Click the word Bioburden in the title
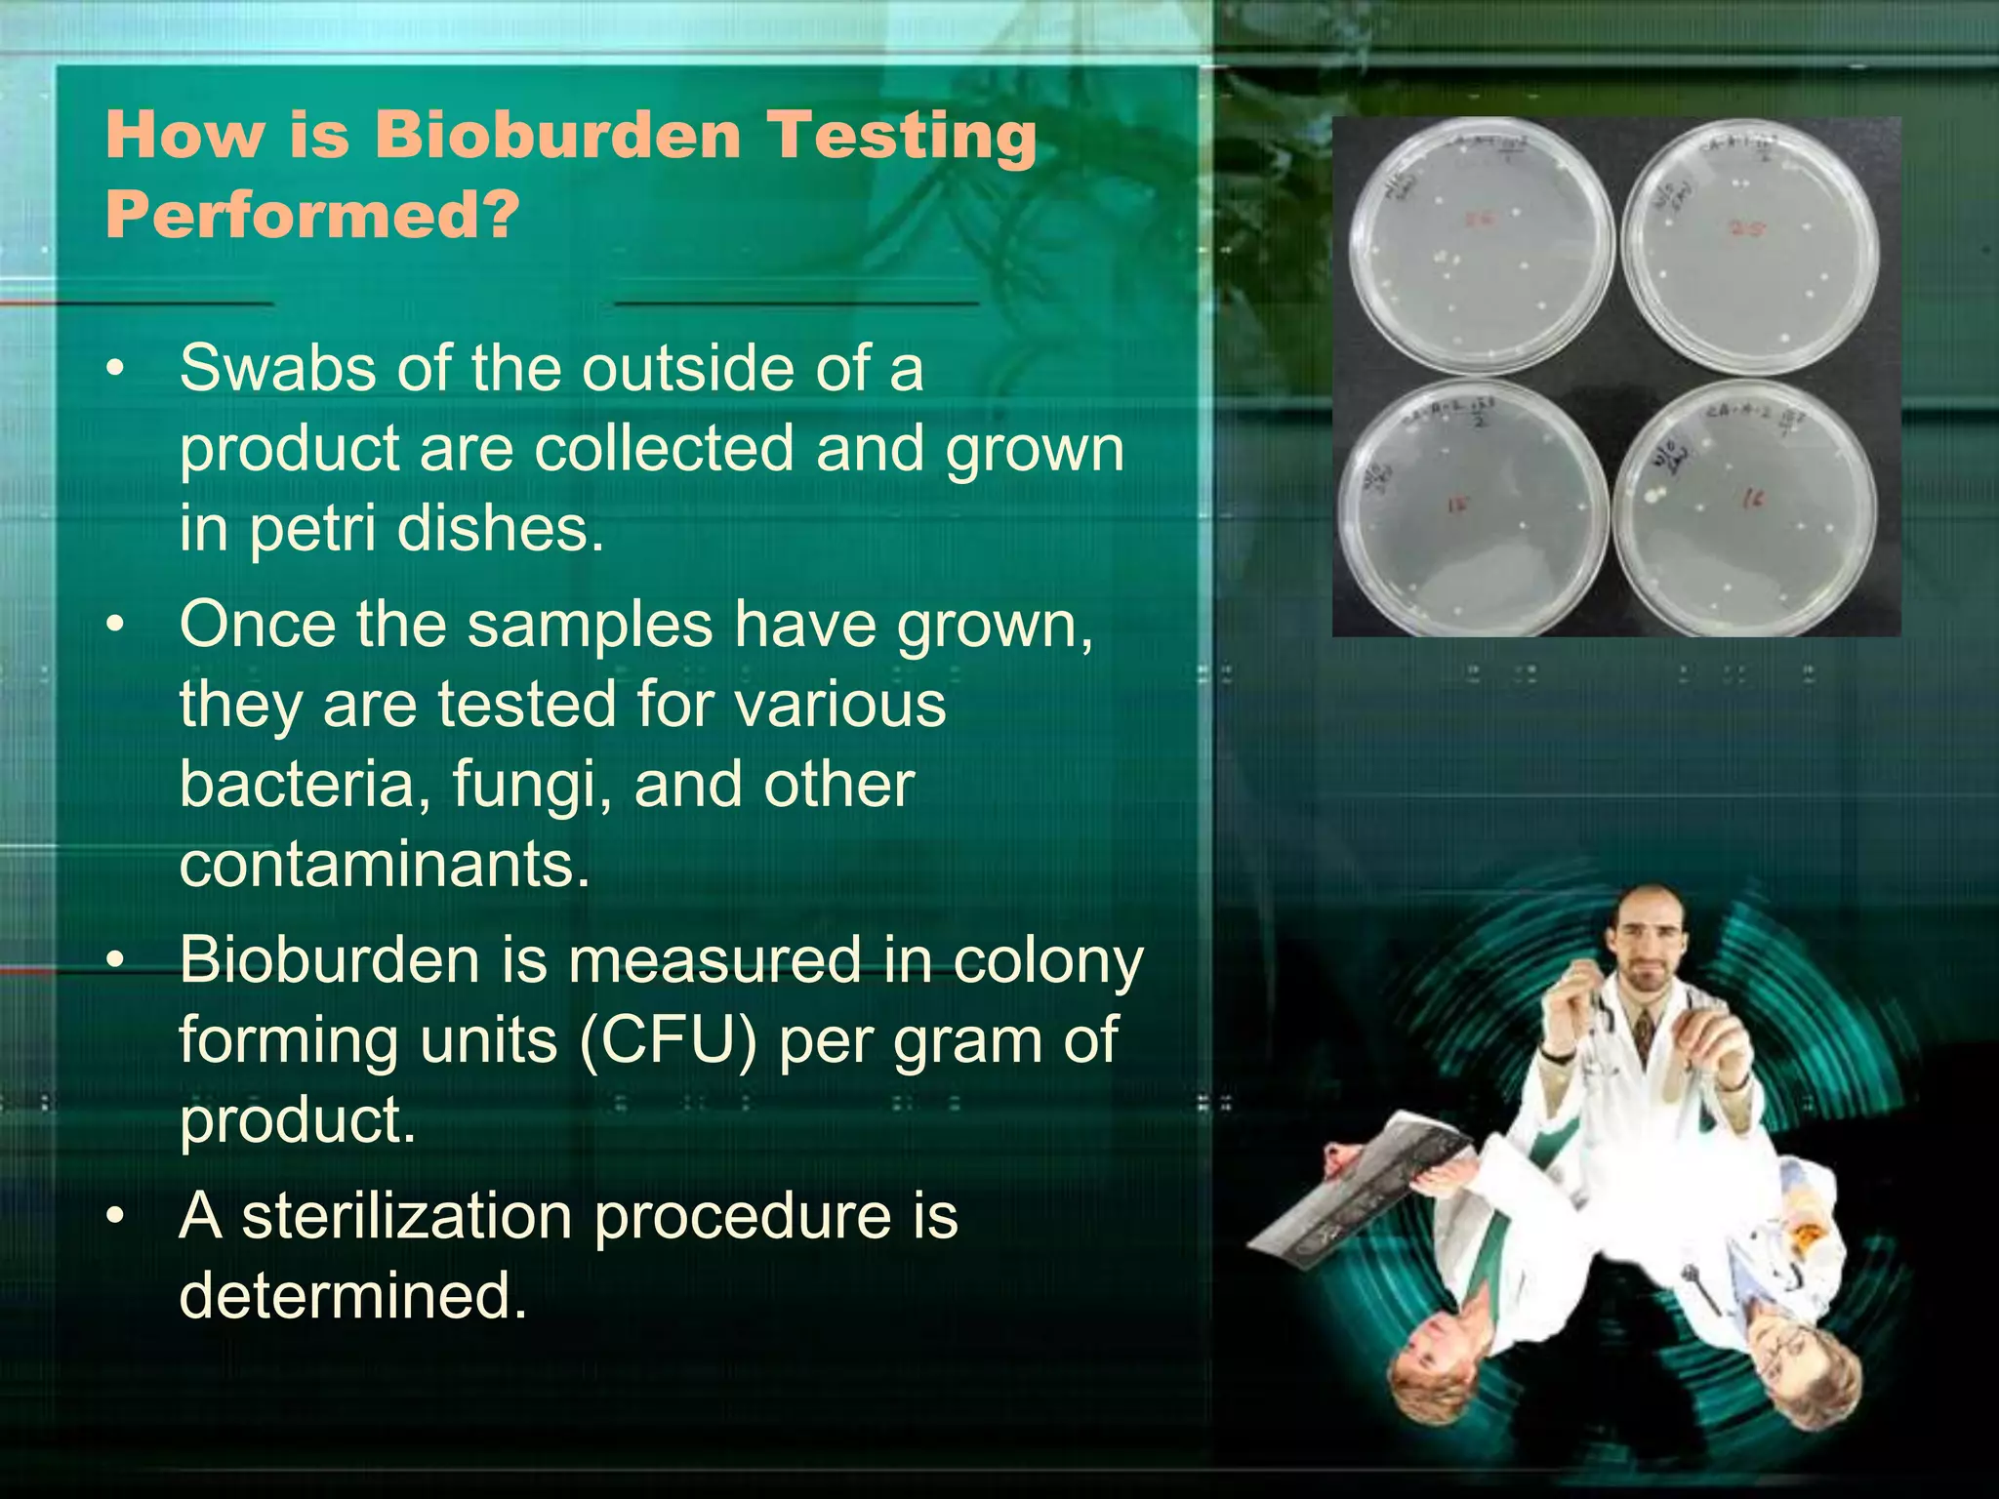[x=558, y=135]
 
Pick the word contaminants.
[x=385, y=865]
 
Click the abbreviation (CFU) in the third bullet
[x=668, y=1040]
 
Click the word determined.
[x=351, y=1296]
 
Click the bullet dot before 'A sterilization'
[x=116, y=1218]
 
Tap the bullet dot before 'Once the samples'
[x=116, y=625]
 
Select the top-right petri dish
[x=1750, y=246]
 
